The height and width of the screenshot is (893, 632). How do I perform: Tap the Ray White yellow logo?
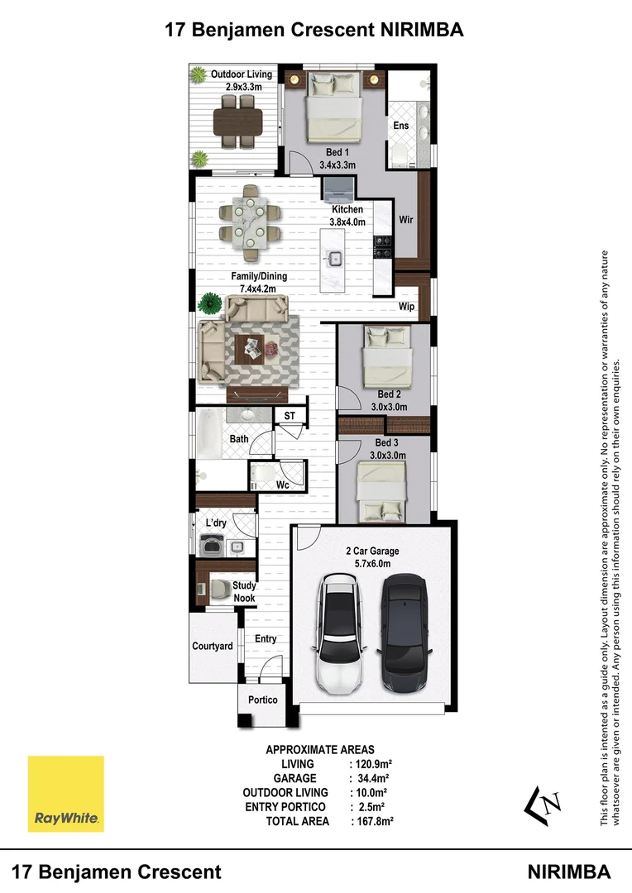pyautogui.click(x=66, y=794)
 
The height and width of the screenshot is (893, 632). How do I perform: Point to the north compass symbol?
pyautogui.click(x=543, y=805)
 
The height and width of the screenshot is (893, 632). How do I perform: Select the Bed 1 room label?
pyautogui.click(x=338, y=152)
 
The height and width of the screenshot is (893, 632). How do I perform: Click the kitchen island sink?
pyautogui.click(x=334, y=259)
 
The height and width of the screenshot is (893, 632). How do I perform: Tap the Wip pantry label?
pyautogui.click(x=406, y=307)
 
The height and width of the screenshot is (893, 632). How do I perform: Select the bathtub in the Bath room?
pyautogui.click(x=208, y=433)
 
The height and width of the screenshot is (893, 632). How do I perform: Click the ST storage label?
pyautogui.click(x=290, y=416)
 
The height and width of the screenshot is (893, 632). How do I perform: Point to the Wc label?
pyautogui.click(x=283, y=485)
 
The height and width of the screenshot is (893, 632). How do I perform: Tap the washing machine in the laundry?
pyautogui.click(x=213, y=545)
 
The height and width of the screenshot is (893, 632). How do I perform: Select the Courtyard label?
pyautogui.click(x=212, y=646)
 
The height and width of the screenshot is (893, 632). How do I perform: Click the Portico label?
pyautogui.click(x=263, y=700)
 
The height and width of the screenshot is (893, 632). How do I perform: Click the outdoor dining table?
pyautogui.click(x=238, y=121)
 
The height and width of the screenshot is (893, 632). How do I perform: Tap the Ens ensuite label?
pyautogui.click(x=400, y=126)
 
